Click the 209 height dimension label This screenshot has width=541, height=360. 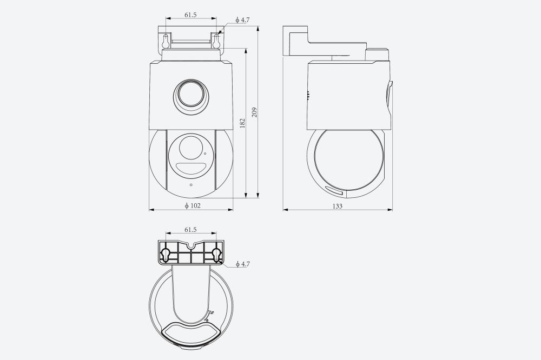pyautogui.click(x=255, y=112)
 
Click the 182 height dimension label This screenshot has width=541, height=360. pyautogui.click(x=242, y=123)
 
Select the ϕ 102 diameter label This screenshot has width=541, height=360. pyautogui.click(x=193, y=206)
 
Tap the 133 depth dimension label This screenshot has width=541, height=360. pyautogui.click(x=338, y=206)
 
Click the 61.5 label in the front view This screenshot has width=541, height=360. pyautogui.click(x=190, y=15)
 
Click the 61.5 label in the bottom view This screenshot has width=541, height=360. pyautogui.click(x=190, y=230)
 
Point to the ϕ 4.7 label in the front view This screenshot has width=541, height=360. pyautogui.click(x=242, y=20)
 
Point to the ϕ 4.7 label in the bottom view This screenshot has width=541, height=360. pyautogui.click(x=242, y=264)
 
